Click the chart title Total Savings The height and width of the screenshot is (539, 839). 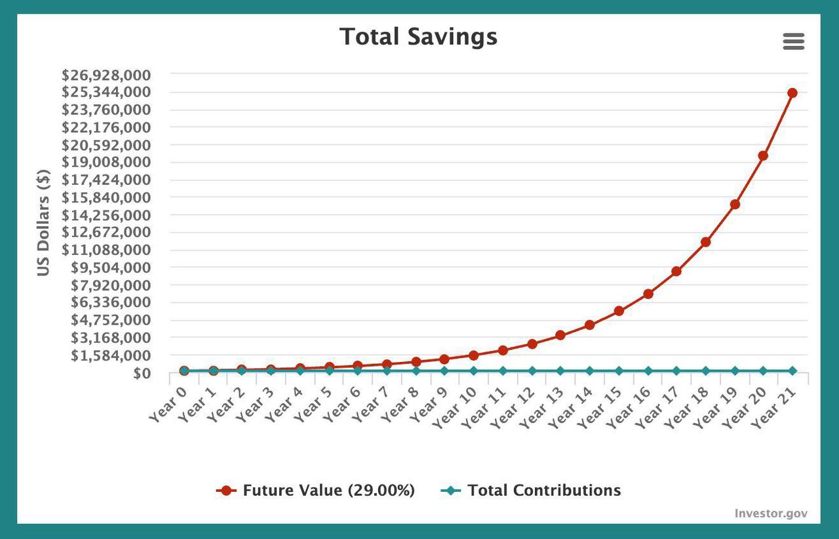point(418,37)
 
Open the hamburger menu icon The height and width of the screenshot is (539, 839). point(793,42)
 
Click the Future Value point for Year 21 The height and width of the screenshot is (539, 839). point(792,93)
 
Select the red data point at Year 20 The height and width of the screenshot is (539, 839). point(763,156)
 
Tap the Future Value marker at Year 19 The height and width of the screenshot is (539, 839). point(735,205)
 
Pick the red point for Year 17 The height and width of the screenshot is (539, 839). point(676,271)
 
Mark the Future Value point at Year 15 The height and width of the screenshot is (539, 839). point(619,311)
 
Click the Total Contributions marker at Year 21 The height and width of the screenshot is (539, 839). point(792,371)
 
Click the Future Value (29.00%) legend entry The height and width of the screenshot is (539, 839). point(316,490)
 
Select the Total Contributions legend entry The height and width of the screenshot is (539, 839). point(531,490)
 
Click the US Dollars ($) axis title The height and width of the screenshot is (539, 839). point(43,223)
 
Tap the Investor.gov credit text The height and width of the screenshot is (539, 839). point(771,513)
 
